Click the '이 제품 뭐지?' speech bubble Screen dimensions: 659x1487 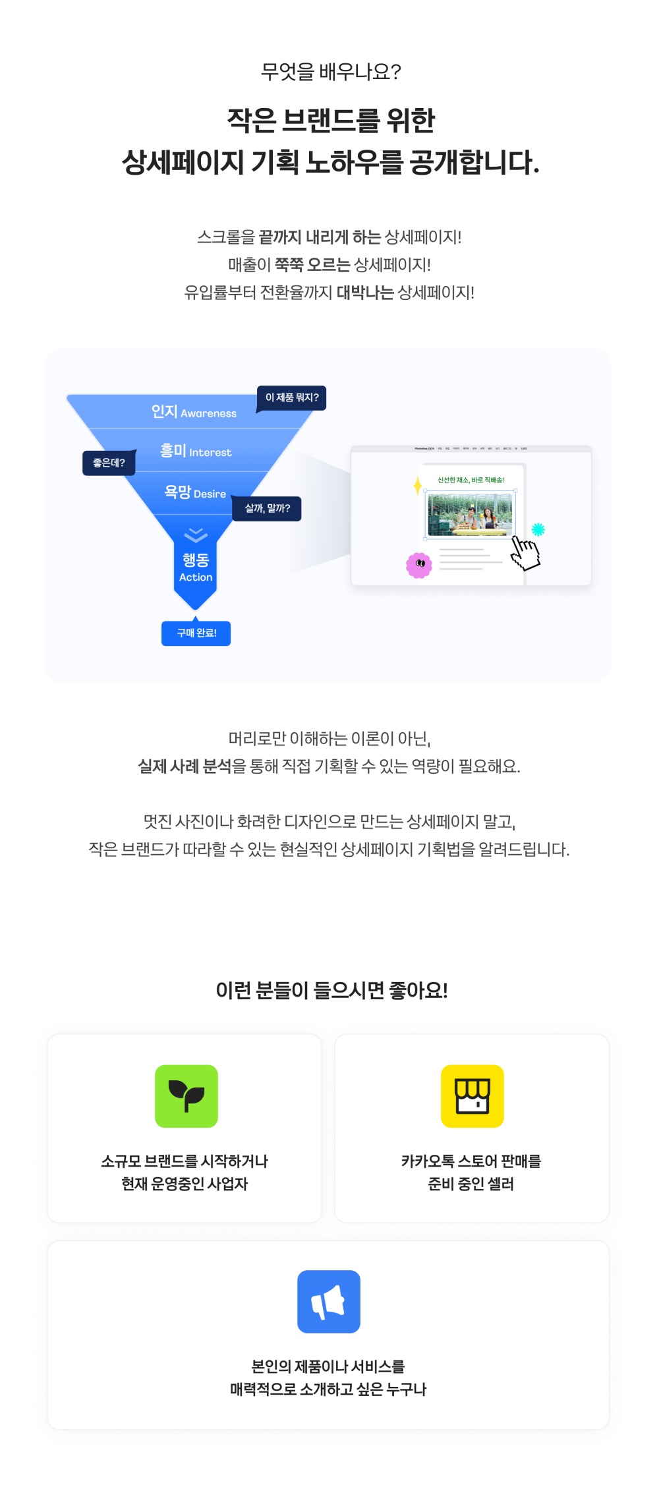[291, 397]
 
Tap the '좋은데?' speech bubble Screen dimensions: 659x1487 [109, 463]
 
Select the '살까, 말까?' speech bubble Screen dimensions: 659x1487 [267, 508]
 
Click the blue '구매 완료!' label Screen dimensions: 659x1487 [196, 633]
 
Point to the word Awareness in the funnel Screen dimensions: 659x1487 [208, 413]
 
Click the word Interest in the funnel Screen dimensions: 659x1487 [210, 452]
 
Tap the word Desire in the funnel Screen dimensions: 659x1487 [210, 494]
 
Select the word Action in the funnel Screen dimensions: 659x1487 [196, 577]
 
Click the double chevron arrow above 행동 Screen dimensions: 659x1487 [196, 535]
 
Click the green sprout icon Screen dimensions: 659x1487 [186, 1096]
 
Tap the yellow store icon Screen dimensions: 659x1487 [473, 1096]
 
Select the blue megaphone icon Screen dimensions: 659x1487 [329, 1302]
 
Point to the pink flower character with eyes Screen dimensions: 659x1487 [419, 564]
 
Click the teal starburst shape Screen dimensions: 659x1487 [538, 529]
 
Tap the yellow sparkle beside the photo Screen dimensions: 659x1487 [417, 485]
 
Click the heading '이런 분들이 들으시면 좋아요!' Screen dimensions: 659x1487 [331, 990]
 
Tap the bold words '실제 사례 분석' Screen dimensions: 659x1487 [185, 766]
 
